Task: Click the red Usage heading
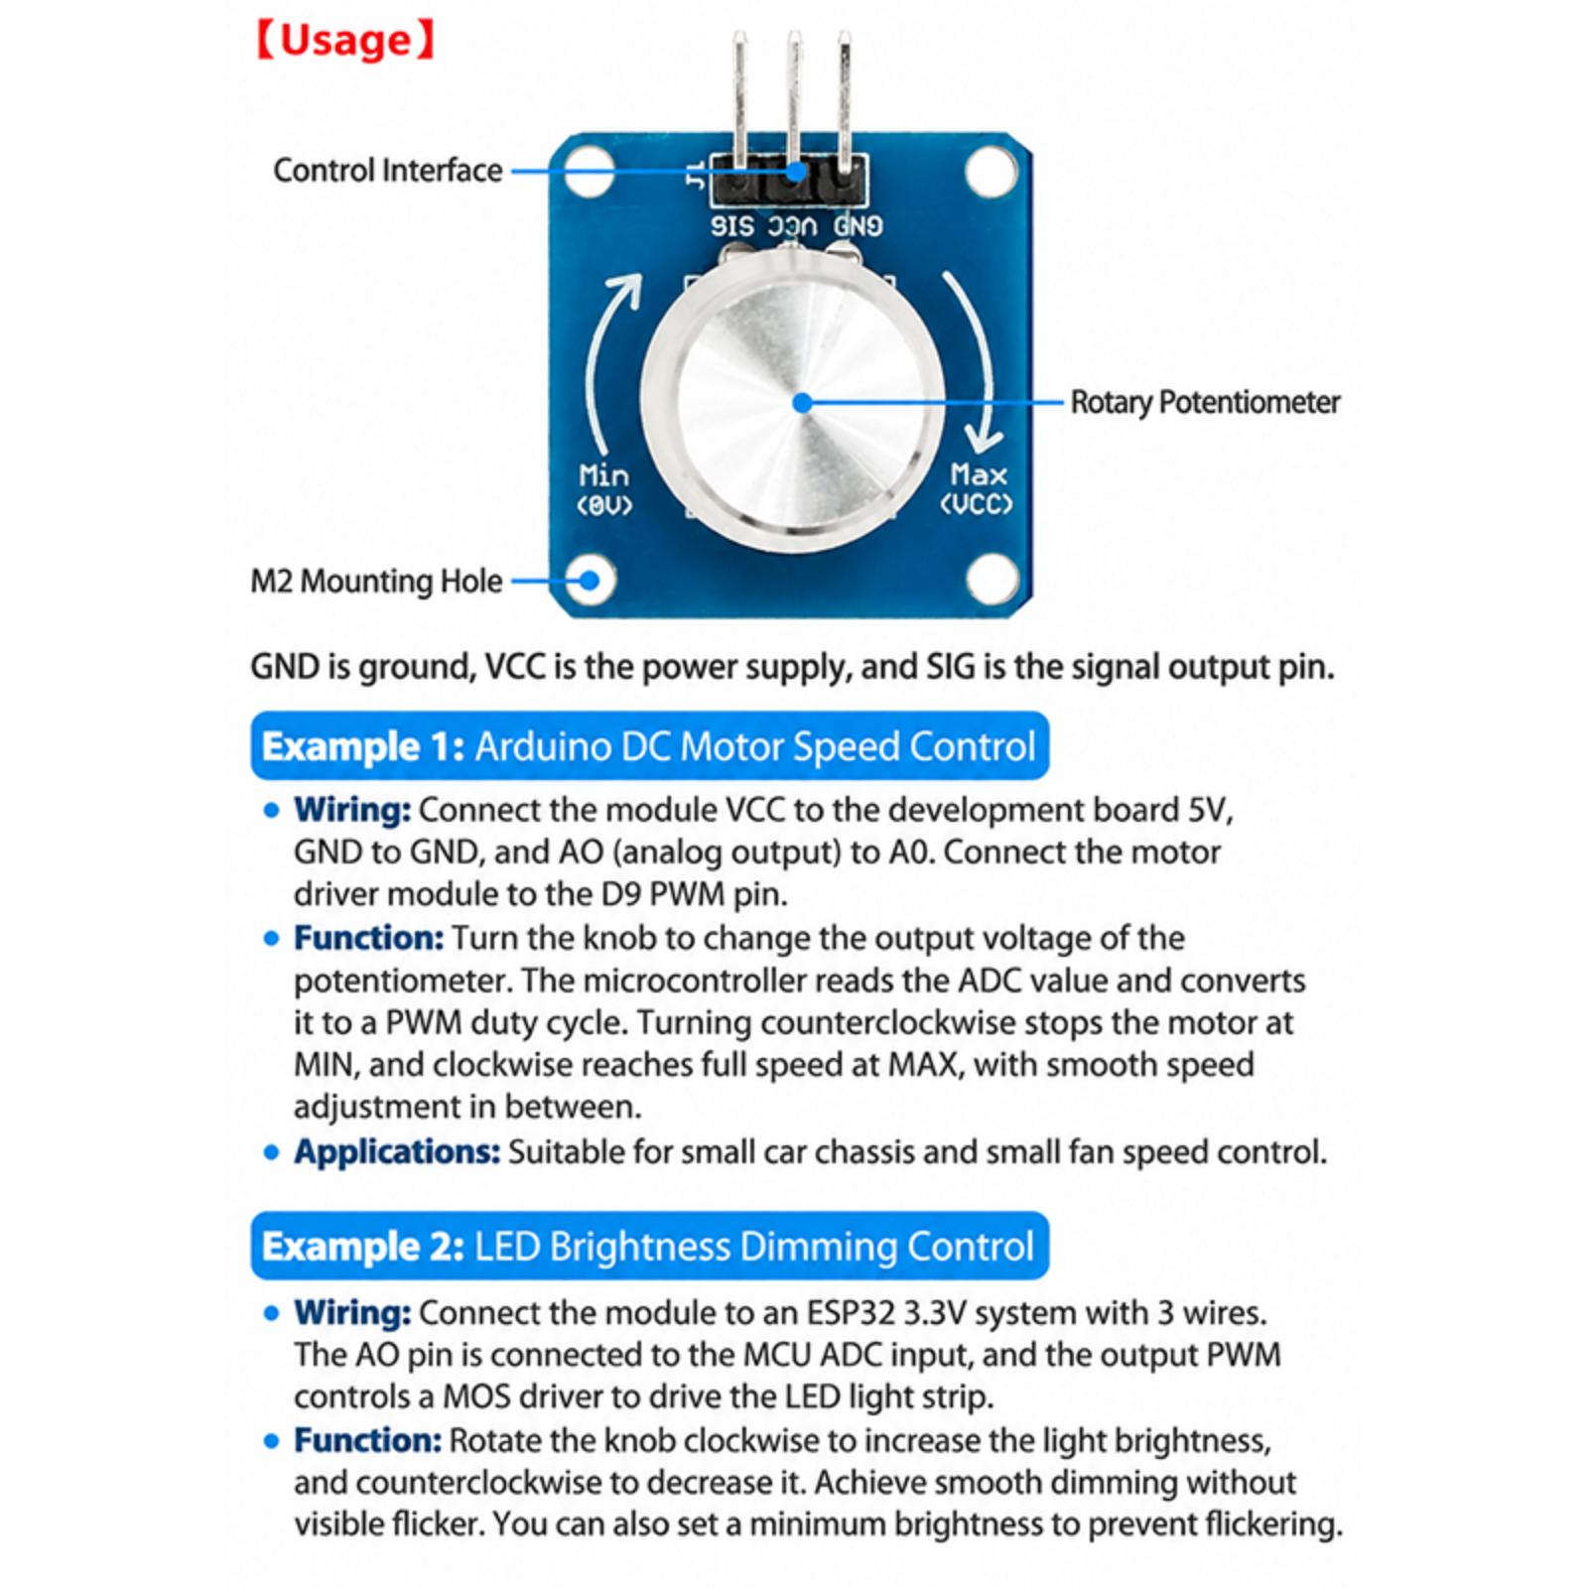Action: [344, 41]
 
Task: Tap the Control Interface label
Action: [388, 171]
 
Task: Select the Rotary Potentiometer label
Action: [1205, 402]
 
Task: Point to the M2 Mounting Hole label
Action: [376, 581]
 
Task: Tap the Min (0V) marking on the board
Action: [604, 489]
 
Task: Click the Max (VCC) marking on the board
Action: [978, 488]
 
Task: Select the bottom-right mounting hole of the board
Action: [992, 578]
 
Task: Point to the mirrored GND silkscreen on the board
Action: [858, 226]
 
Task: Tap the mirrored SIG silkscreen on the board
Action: [732, 226]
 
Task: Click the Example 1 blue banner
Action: [650, 746]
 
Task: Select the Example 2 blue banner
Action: [650, 1247]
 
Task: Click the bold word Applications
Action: [397, 1152]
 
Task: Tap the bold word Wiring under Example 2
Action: [352, 1313]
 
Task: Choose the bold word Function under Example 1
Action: [368, 938]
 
